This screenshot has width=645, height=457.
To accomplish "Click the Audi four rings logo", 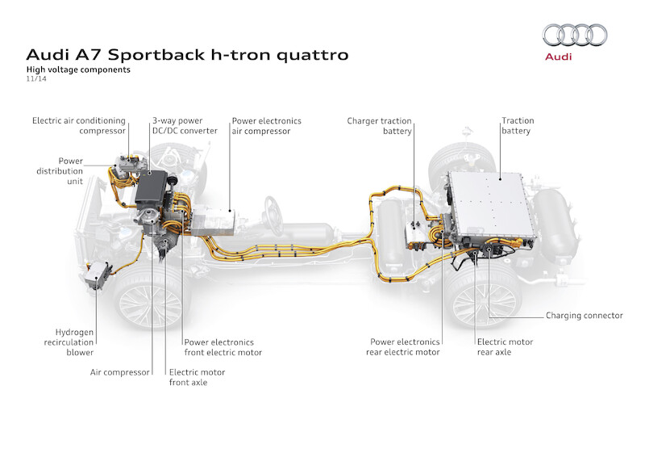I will click(575, 35).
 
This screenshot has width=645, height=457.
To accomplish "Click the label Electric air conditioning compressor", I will click(79, 125).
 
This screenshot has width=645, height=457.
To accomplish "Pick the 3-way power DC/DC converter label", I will click(184, 125).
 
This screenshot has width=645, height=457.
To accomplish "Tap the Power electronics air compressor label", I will click(266, 125).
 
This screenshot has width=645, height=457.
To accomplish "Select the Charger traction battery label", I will click(380, 125).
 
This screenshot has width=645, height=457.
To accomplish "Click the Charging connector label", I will click(585, 316).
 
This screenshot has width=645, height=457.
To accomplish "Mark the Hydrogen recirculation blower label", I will click(74, 342).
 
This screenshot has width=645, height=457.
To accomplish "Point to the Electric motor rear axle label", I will click(505, 347).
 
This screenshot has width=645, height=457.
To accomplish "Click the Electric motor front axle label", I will click(197, 377).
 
